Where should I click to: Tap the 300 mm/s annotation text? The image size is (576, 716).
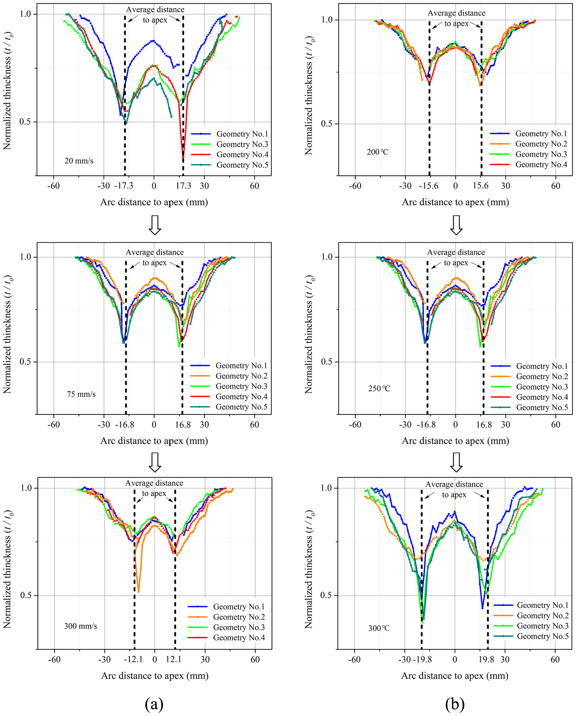[80, 626]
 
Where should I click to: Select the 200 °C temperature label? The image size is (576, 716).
[377, 152]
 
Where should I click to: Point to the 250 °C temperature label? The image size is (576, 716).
[379, 388]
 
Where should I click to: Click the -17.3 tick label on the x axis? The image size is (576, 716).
[123, 186]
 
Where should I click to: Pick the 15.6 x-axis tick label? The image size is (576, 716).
[481, 186]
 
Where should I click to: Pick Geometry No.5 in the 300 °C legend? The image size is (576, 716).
[531, 636]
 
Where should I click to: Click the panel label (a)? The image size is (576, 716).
[154, 703]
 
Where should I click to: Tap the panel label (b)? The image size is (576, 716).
[455, 703]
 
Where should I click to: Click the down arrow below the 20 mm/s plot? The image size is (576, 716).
[155, 225]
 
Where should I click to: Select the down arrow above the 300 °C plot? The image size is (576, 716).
[456, 462]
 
